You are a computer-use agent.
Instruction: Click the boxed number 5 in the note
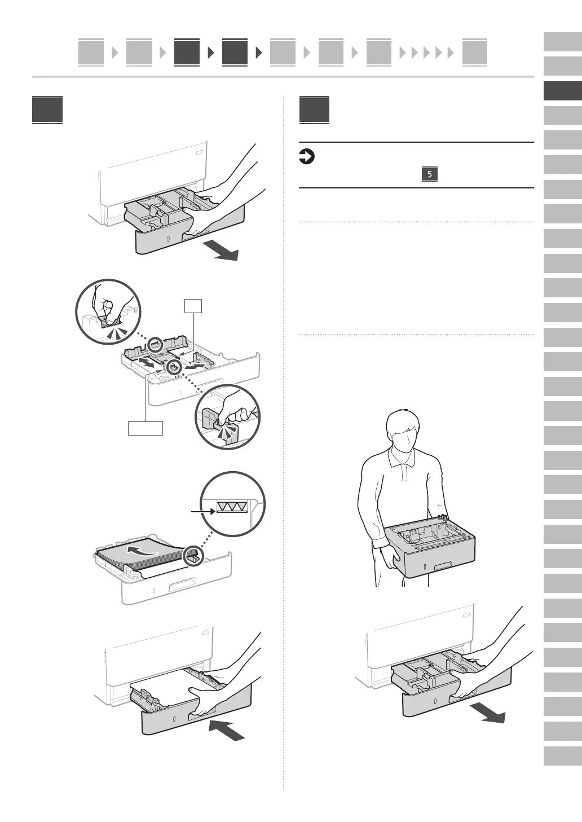coord(429,174)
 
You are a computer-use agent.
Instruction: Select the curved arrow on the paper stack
coord(143,550)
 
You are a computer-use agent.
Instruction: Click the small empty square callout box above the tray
coord(193,306)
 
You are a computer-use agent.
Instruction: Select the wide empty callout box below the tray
coord(145,428)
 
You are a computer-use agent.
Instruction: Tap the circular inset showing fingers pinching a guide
coord(108,311)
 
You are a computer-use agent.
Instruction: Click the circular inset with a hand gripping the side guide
coord(227,417)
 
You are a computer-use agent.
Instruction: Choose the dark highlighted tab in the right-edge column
coord(562,91)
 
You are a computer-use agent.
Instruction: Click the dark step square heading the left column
coord(47,110)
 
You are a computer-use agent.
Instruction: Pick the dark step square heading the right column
coord(314,110)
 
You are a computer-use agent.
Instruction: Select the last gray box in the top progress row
coord(474,52)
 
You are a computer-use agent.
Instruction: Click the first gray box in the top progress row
coord(91,52)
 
